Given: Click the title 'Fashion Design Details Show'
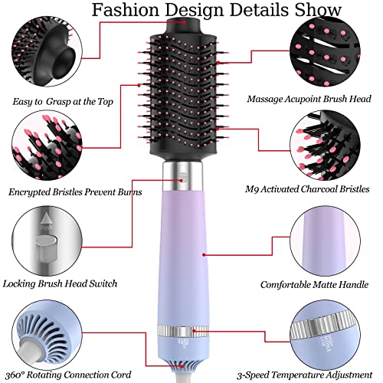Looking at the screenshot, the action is [x=216, y=10].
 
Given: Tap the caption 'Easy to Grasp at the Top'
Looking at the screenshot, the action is [x=63, y=102].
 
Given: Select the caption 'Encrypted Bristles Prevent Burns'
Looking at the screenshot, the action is [x=75, y=192].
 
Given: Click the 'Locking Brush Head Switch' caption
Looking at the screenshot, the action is [x=60, y=283].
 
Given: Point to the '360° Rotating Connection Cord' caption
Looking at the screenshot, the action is [x=68, y=375].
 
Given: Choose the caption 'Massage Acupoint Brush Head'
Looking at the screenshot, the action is [x=309, y=99].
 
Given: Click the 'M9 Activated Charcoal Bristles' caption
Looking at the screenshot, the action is [x=307, y=189].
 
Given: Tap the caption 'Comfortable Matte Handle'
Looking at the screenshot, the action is [x=315, y=285].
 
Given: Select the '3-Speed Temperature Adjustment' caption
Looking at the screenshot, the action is [x=305, y=375].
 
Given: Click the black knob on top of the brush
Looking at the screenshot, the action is [x=183, y=26].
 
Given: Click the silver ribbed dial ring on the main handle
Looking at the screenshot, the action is [x=183, y=332].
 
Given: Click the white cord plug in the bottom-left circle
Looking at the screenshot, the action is [x=30, y=352].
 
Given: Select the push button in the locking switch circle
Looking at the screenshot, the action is [x=46, y=248].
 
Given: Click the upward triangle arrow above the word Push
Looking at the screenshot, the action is [x=46, y=218].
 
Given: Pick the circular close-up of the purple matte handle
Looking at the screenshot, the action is [x=325, y=241].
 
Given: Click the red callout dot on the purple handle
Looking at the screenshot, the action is [x=204, y=254].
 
